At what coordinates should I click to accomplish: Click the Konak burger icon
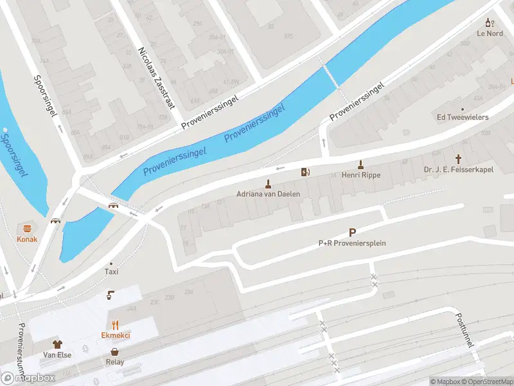tap(27, 228)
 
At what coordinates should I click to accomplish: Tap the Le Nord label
tap(490, 33)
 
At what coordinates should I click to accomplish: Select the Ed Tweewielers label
tap(462, 117)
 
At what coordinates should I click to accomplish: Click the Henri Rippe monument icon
tap(360, 164)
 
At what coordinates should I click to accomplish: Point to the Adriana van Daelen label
tap(269, 194)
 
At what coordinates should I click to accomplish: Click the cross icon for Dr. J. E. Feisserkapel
tap(458, 158)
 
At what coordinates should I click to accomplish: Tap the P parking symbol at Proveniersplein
tap(352, 233)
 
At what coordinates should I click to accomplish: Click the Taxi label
tap(112, 271)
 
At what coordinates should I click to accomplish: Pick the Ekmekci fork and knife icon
tap(116, 325)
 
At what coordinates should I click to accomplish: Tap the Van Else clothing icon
tap(57, 344)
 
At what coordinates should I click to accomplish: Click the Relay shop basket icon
tap(115, 352)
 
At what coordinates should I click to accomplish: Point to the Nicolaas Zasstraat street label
tap(157, 77)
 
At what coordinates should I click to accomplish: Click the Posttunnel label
tap(464, 331)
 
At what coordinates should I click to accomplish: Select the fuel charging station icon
tap(305, 172)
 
